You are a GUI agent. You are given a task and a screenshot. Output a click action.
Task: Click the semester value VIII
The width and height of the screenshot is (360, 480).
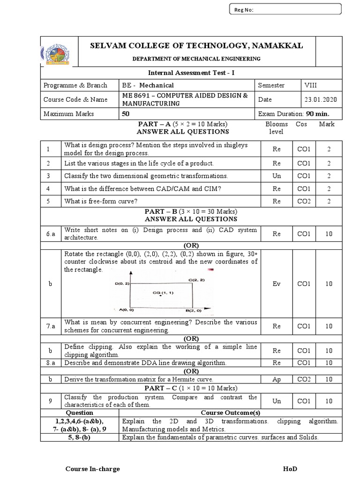[310, 85]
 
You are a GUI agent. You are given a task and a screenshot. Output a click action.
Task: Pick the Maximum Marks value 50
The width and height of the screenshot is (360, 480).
[126, 113]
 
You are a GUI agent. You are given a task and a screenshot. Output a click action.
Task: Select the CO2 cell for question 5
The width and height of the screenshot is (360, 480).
[304, 201]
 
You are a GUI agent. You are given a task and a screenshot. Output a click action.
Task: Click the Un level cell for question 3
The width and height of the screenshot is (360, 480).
[276, 176]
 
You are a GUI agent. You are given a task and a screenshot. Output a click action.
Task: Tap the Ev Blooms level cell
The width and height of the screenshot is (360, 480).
[276, 284]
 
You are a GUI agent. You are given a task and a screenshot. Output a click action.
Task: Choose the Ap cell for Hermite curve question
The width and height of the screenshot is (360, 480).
[276, 379]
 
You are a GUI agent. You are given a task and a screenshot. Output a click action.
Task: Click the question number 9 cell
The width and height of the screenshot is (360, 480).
[51, 401]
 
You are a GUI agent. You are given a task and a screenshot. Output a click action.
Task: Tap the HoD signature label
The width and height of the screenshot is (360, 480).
[290, 469]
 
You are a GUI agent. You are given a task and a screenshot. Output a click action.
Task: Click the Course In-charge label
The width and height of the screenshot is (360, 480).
[92, 469]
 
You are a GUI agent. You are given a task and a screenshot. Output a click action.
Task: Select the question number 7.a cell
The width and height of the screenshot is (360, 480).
[51, 326]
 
